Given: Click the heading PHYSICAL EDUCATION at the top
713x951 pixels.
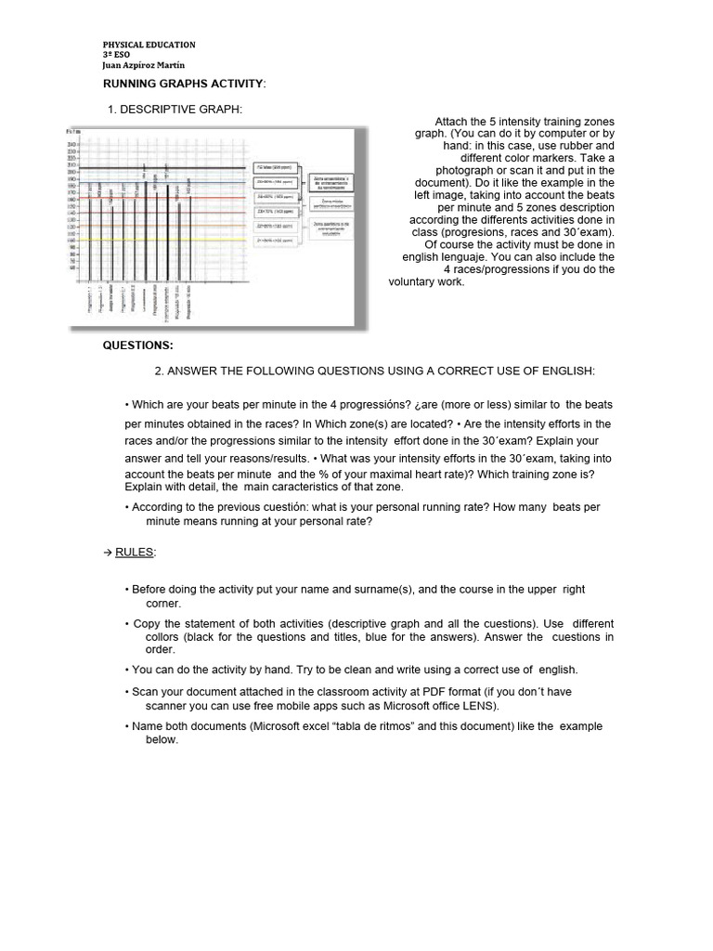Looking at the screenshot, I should (x=148, y=45).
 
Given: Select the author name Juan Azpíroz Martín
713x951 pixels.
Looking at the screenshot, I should (x=143, y=65).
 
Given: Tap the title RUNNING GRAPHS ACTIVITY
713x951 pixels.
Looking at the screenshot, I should (x=183, y=85).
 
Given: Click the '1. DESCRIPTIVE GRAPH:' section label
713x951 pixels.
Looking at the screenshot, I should (x=175, y=111).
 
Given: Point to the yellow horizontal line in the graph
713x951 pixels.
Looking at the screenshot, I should (x=167, y=240).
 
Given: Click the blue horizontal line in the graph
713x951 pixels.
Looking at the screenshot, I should (x=167, y=182).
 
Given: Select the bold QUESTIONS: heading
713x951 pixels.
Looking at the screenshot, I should (x=138, y=345).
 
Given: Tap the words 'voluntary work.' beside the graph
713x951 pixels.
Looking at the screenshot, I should (x=426, y=282).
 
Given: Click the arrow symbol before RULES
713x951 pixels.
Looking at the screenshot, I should (x=107, y=553).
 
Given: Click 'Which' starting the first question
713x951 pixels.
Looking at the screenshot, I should (x=147, y=405).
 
